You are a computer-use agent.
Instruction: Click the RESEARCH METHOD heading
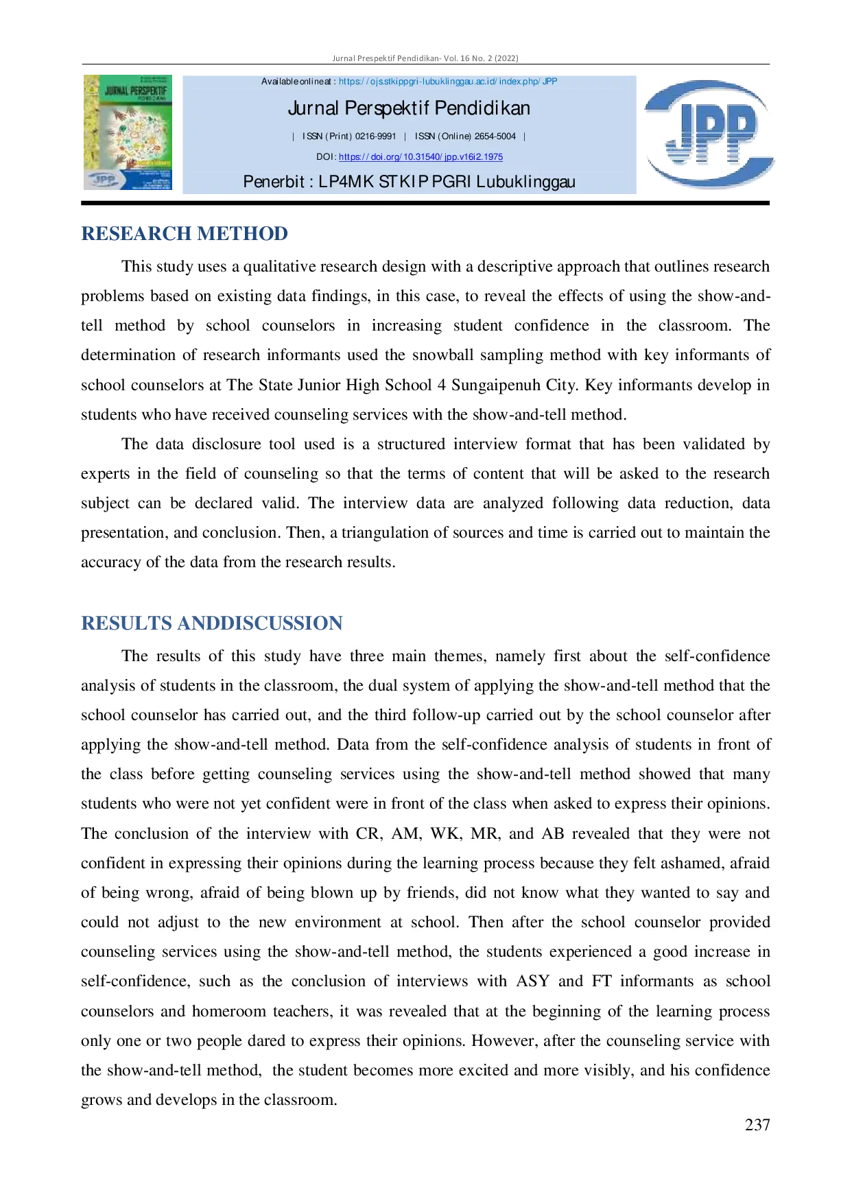click(x=185, y=234)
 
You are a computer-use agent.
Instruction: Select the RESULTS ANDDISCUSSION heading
click(x=212, y=623)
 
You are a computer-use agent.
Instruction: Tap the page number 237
click(x=757, y=1125)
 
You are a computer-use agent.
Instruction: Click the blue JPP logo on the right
click(x=709, y=134)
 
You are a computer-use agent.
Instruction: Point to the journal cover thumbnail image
click(x=128, y=132)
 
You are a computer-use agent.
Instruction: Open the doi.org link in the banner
click(x=421, y=157)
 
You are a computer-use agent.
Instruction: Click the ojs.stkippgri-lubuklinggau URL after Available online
click(x=448, y=82)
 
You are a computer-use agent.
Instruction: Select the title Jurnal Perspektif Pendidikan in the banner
click(x=409, y=108)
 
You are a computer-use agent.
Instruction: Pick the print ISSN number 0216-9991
click(x=375, y=136)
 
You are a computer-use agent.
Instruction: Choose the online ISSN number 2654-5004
click(x=495, y=136)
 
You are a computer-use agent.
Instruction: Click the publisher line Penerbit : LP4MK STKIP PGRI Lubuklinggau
click(x=409, y=182)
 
